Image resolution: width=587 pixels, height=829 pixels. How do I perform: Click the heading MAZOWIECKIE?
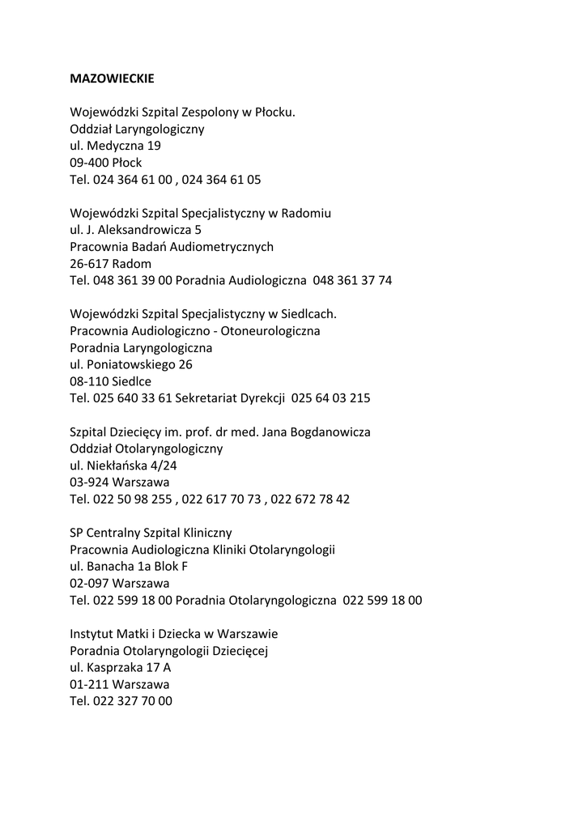click(112, 79)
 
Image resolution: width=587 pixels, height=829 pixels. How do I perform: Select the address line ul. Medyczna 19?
click(115, 146)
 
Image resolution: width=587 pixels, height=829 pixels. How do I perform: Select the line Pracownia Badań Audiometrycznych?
click(172, 247)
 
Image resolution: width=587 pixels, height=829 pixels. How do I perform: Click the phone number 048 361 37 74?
click(352, 281)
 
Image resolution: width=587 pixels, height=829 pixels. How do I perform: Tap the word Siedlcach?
click(308, 314)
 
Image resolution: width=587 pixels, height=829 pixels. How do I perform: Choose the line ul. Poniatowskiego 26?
click(131, 364)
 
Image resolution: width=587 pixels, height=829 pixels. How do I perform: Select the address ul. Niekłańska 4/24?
click(123, 466)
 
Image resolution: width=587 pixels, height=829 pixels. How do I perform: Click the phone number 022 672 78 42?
click(310, 500)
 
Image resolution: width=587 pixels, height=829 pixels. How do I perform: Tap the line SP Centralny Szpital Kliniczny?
click(151, 533)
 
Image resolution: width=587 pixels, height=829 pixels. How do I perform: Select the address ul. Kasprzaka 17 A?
click(121, 668)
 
